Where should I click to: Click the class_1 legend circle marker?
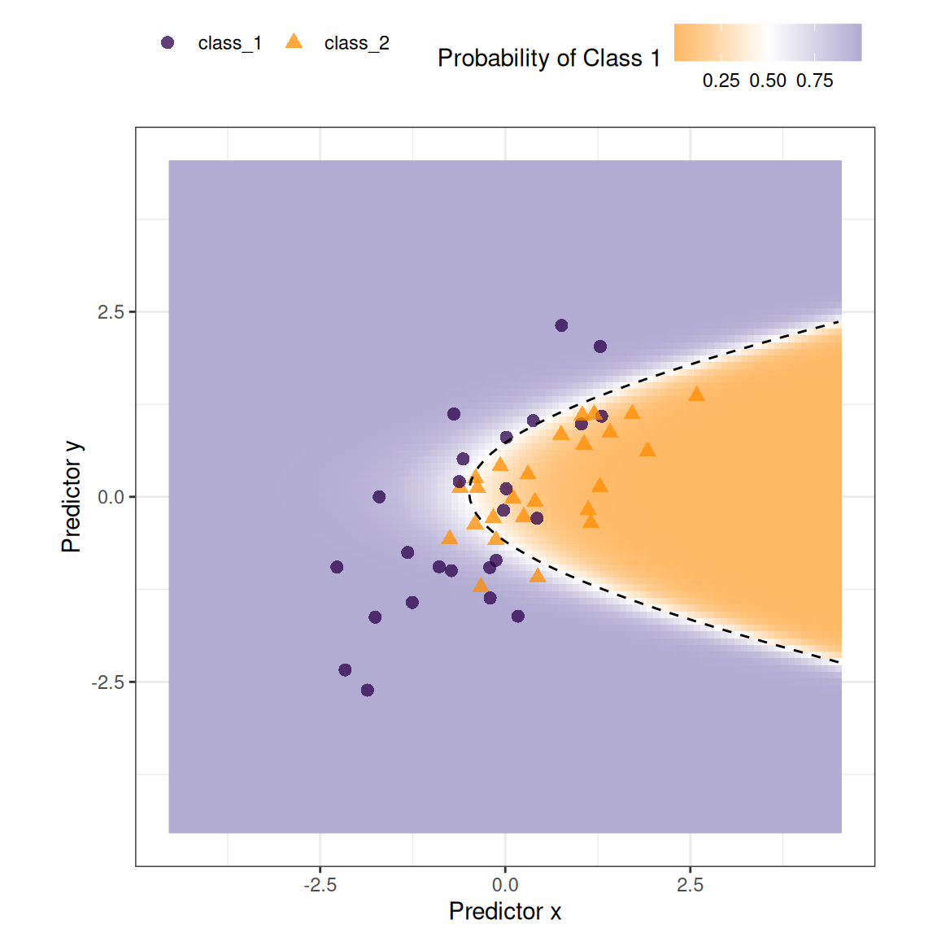click(x=168, y=43)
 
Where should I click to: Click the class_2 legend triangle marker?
click(x=294, y=42)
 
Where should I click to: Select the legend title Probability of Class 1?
click(x=548, y=59)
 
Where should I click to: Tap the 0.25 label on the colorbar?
click(x=721, y=81)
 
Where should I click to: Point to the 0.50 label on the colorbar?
click(x=768, y=81)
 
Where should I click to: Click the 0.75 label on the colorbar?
click(x=814, y=81)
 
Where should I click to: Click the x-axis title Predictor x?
click(x=504, y=911)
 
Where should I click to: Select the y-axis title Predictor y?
click(x=72, y=497)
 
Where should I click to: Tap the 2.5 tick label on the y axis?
click(x=111, y=312)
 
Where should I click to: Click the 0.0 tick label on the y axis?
click(x=111, y=497)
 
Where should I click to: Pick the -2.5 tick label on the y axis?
click(x=107, y=682)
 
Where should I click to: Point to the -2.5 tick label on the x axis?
click(x=320, y=885)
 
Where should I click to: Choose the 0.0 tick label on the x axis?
click(x=505, y=885)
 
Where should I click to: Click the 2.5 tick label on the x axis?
click(x=690, y=885)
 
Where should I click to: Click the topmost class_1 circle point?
click(x=561, y=325)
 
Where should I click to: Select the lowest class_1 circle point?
click(x=368, y=691)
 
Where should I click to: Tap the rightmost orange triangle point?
click(x=696, y=394)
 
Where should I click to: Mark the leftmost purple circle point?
click(x=337, y=567)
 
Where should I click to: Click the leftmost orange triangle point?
click(x=449, y=538)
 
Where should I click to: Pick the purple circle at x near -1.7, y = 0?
click(x=379, y=497)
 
